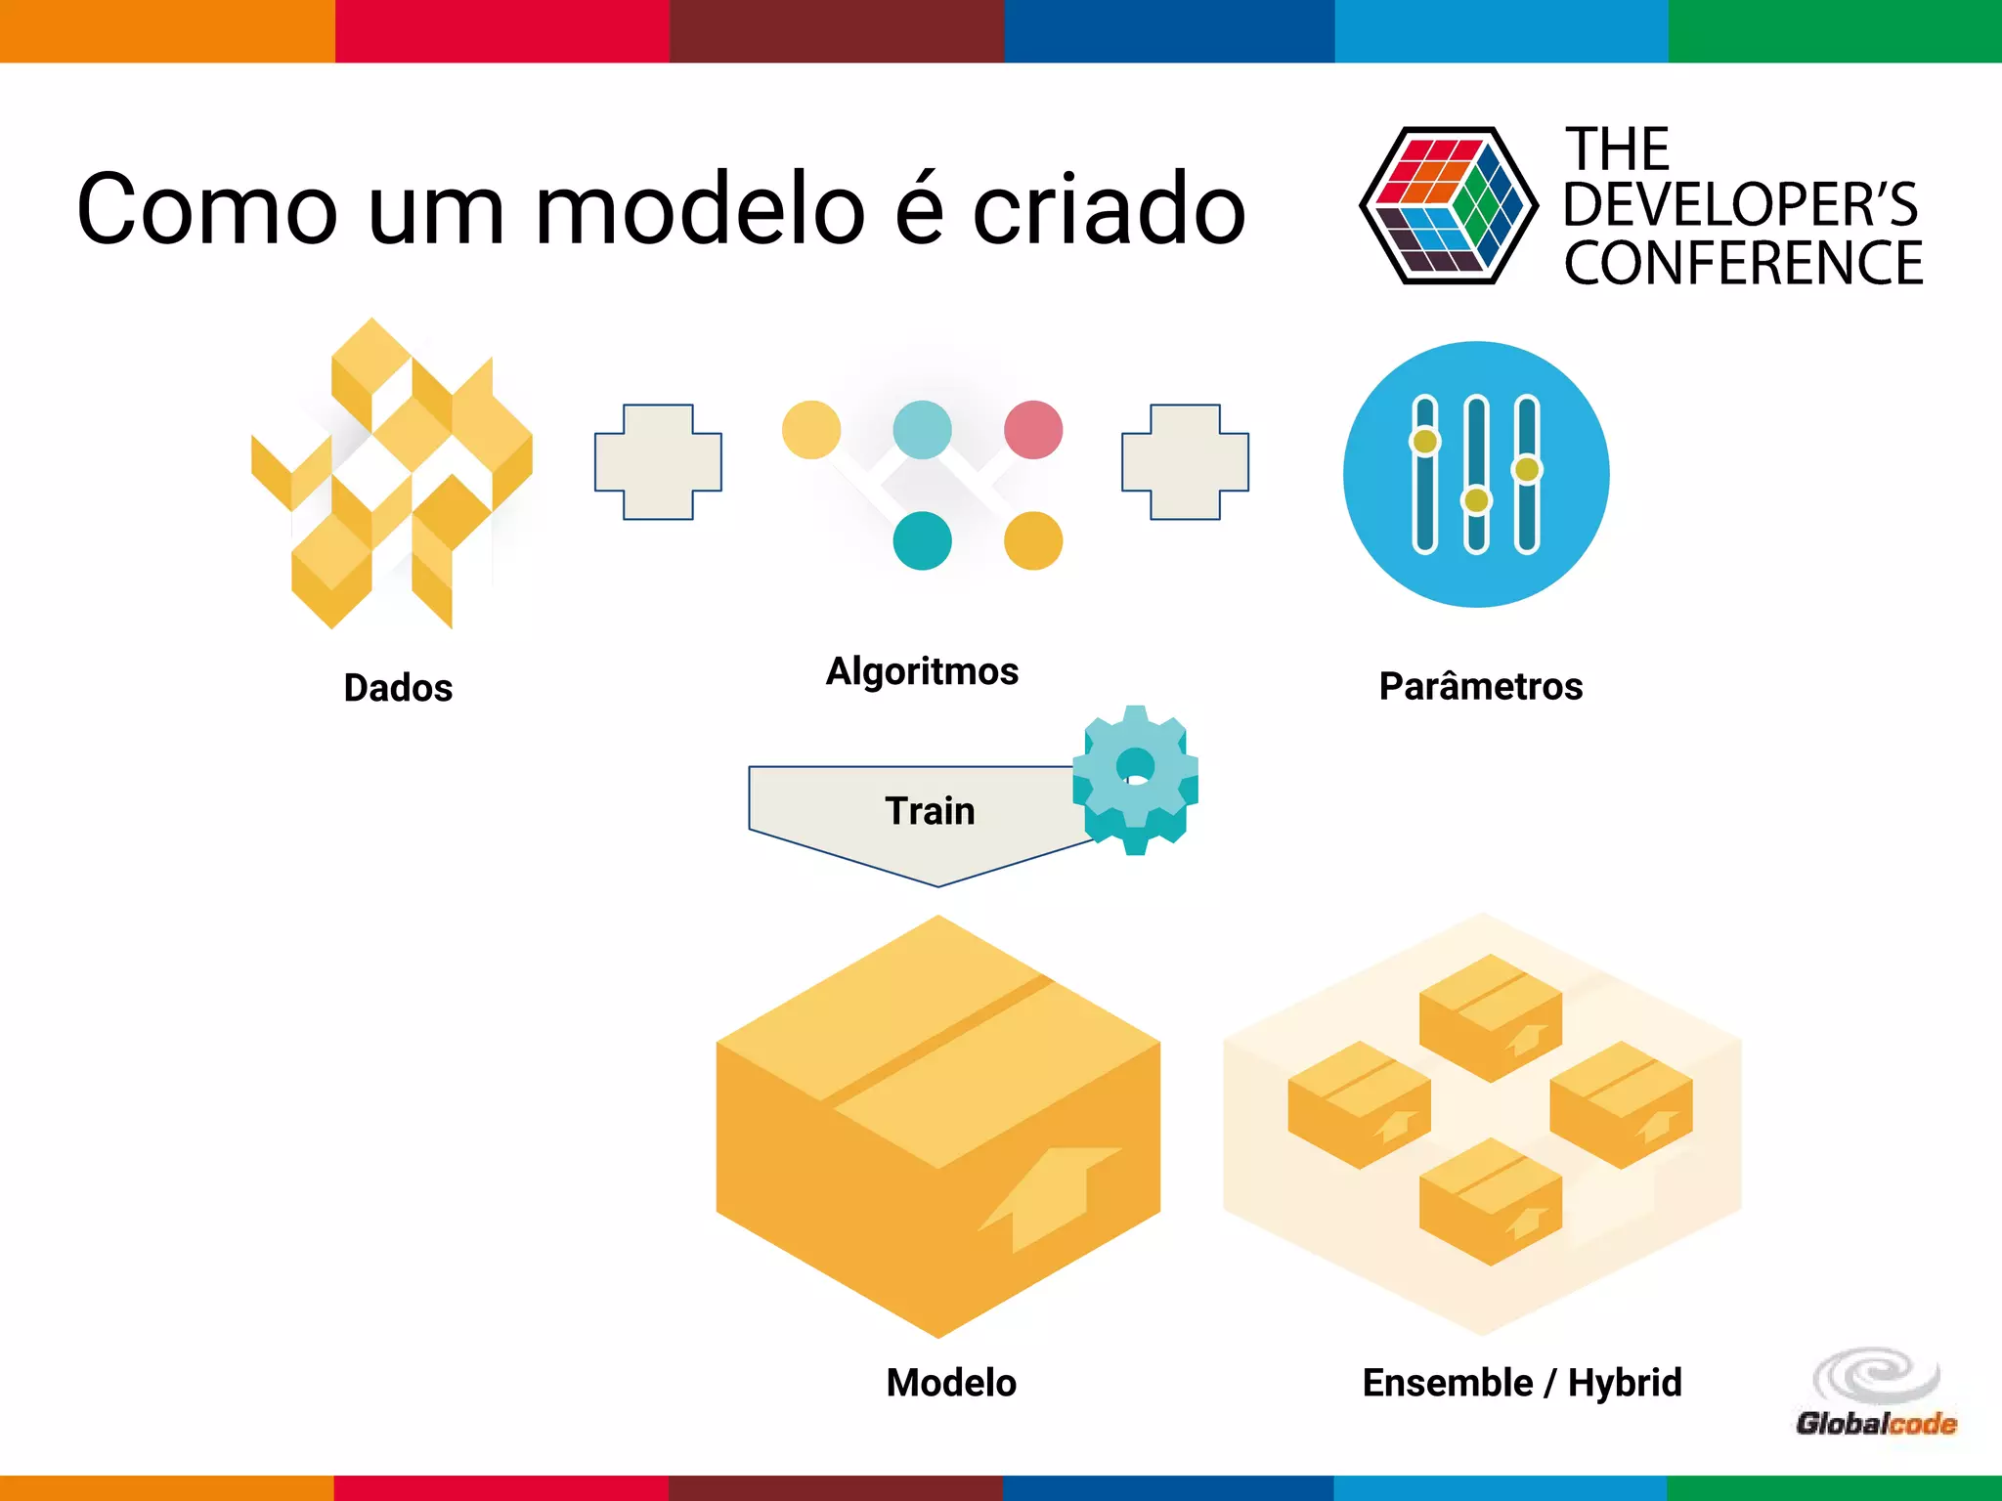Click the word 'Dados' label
pyautogui.click(x=398, y=688)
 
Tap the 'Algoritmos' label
pyautogui.click(x=922, y=672)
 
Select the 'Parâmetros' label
pyautogui.click(x=1480, y=686)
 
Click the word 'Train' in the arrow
pyautogui.click(x=930, y=811)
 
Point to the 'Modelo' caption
pyautogui.click(x=951, y=1383)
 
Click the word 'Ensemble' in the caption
pyautogui.click(x=1447, y=1383)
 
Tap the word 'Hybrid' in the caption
pyautogui.click(x=1625, y=1383)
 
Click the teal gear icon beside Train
pyautogui.click(x=1135, y=779)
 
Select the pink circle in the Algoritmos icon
pyautogui.click(x=1033, y=430)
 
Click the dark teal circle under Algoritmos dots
pyautogui.click(x=922, y=540)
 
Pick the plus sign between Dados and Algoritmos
pyautogui.click(x=658, y=462)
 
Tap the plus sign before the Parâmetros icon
pyautogui.click(x=1185, y=462)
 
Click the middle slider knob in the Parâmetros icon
pyautogui.click(x=1476, y=500)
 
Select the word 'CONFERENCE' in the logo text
pyautogui.click(x=1743, y=263)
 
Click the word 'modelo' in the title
pyautogui.click(x=701, y=208)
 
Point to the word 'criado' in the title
pyautogui.click(x=1109, y=208)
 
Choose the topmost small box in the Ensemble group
pyautogui.click(x=1490, y=1017)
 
